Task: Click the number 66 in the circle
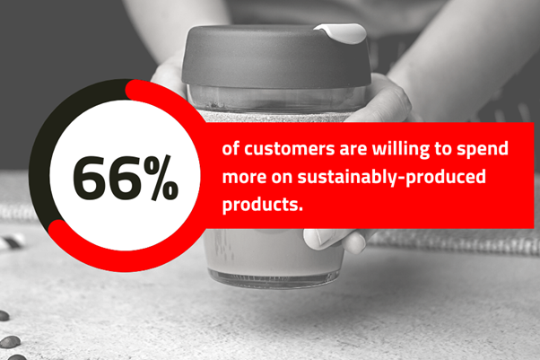point(108,178)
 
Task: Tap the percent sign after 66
point(161,177)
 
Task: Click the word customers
point(289,149)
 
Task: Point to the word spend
point(483,150)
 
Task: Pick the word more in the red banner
point(245,177)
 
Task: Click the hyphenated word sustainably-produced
point(392,177)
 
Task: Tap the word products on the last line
point(263,205)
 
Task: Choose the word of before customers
point(231,149)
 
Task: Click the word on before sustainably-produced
point(282,177)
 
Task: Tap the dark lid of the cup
point(276,55)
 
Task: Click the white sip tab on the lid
point(341,32)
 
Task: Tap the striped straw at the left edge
point(12,241)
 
